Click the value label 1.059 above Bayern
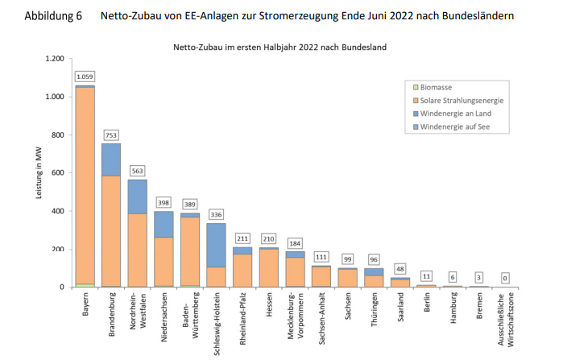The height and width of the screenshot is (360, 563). [x=85, y=77]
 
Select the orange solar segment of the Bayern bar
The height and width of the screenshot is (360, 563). [x=85, y=185]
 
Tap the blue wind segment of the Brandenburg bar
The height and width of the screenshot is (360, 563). [x=111, y=159]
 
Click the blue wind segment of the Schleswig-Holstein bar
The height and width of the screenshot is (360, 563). [x=216, y=245]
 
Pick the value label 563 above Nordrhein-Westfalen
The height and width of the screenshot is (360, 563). [x=138, y=170]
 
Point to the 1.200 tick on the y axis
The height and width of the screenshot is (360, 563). [x=53, y=59]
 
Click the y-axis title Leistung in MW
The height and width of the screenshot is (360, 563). [x=38, y=173]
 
